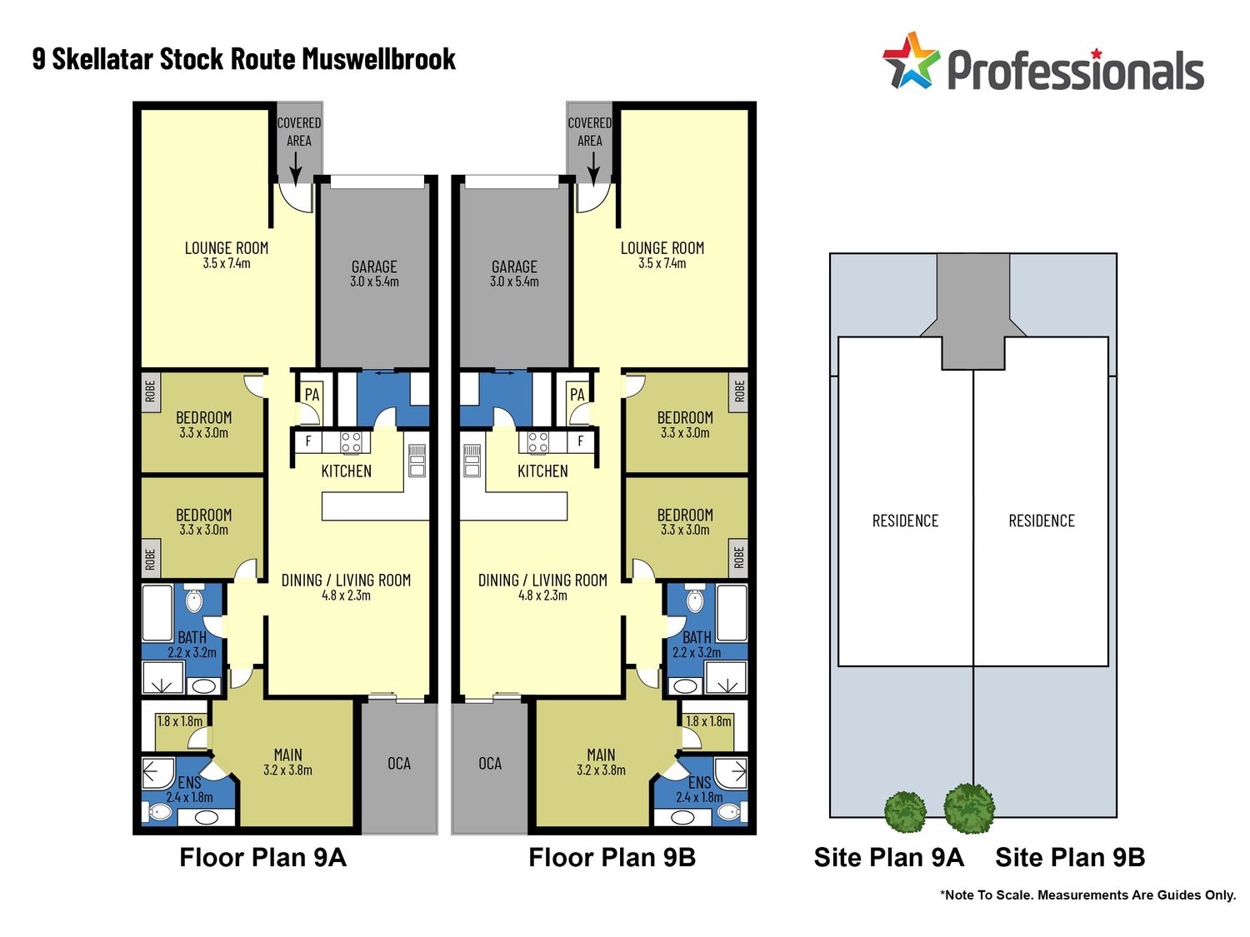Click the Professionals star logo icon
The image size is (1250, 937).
coord(910,62)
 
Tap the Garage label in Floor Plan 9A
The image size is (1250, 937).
coord(374,267)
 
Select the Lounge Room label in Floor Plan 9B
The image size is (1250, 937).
coord(662,248)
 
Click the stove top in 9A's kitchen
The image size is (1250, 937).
coord(351,441)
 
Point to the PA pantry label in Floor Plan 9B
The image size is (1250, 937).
coord(577,395)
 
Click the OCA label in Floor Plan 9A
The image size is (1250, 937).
coord(399,764)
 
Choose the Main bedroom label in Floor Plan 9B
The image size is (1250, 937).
coord(601,755)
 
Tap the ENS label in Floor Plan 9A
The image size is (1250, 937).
coord(189,783)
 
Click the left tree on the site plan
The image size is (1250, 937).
coord(905,811)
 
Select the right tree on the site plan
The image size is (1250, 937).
coord(969,808)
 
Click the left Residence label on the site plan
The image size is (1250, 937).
coord(905,521)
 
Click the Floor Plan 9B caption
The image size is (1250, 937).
coord(612,858)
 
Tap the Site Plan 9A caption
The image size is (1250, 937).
coord(888,858)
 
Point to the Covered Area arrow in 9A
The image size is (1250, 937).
coord(295,167)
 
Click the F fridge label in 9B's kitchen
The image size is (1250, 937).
coord(581,441)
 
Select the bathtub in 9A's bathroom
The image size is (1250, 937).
coord(157,614)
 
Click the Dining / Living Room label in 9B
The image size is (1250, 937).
coord(542,581)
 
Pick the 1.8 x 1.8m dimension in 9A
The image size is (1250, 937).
coord(180,721)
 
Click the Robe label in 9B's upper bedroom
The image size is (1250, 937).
coord(739,391)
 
